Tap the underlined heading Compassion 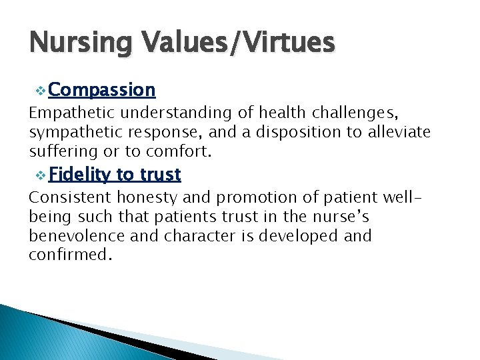coord(101,89)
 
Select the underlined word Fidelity coord(79,175)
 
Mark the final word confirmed coord(67,254)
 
